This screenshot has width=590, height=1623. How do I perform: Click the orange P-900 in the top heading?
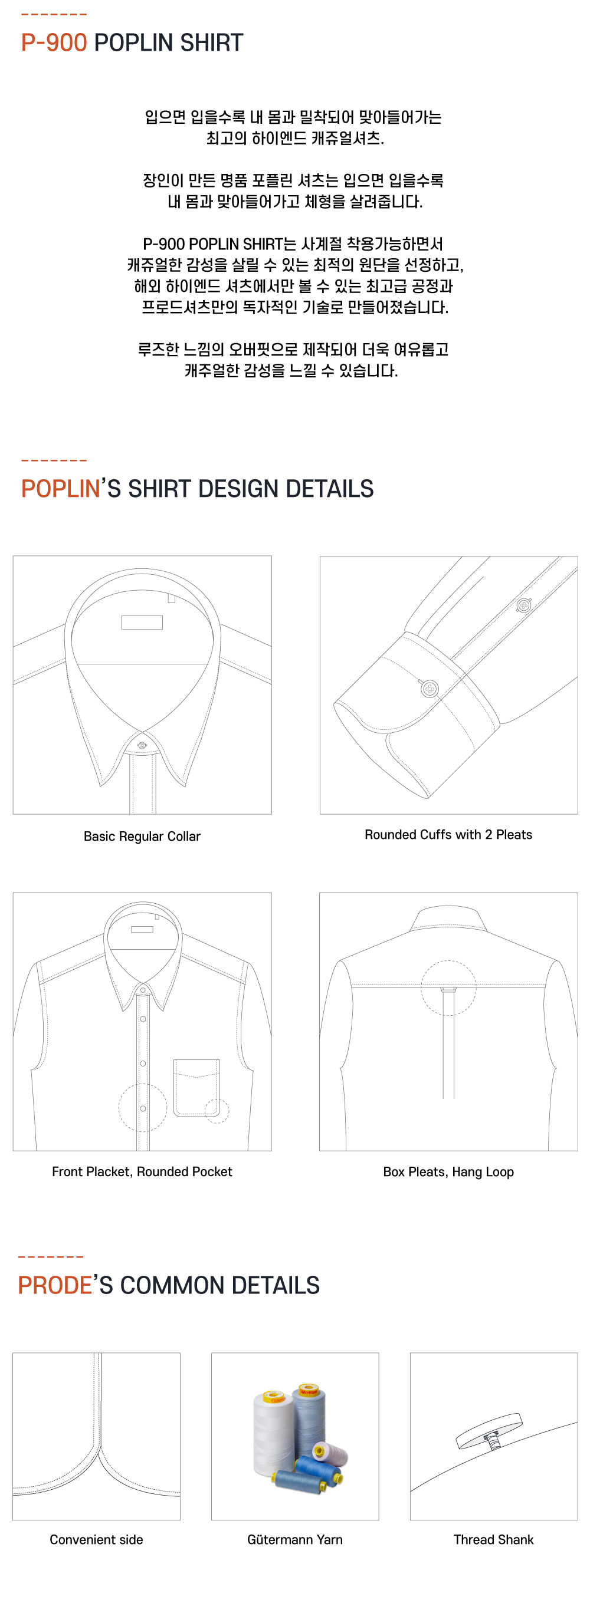(54, 43)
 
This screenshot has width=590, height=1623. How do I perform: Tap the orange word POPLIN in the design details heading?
(61, 489)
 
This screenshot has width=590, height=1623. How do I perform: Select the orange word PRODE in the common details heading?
(55, 1285)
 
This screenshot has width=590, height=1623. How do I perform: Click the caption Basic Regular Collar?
(142, 836)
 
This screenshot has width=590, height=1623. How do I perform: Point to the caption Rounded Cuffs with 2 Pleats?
(448, 834)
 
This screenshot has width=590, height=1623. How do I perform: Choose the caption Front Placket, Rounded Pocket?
(142, 1171)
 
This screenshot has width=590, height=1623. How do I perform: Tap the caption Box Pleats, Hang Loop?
(448, 1172)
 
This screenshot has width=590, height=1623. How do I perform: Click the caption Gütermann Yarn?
(294, 1539)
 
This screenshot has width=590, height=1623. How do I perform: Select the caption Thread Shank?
(494, 1539)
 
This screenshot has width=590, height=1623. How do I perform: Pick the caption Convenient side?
(96, 1539)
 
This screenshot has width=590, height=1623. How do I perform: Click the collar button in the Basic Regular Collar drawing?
(142, 745)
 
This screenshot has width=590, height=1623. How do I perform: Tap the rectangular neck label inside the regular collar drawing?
(142, 623)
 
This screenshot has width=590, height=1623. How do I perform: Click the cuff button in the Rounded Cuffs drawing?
(430, 688)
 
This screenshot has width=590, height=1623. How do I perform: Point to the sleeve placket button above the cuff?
(523, 605)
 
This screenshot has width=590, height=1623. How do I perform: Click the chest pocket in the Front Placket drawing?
(196, 1088)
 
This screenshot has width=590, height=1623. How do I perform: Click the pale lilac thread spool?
(330, 1452)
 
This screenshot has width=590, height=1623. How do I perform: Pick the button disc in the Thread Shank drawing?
(489, 1430)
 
